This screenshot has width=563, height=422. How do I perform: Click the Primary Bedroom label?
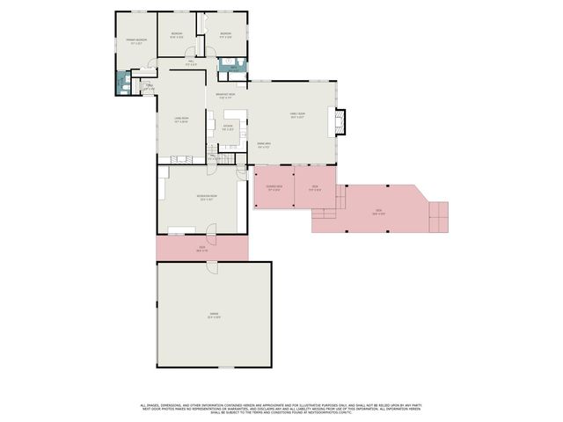(x=135, y=40)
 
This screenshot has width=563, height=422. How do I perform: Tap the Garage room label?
(x=214, y=316)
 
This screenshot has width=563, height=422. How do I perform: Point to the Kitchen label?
(x=227, y=128)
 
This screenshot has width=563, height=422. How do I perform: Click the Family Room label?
(x=297, y=115)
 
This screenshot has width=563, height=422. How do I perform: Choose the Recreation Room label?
(x=207, y=199)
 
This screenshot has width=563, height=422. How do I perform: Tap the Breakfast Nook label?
(x=226, y=97)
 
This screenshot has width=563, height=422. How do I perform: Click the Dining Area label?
(x=263, y=143)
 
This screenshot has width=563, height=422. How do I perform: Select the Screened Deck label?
(x=274, y=188)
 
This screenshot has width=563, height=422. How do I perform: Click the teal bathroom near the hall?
(x=230, y=64)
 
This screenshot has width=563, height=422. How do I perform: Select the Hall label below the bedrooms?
(x=191, y=63)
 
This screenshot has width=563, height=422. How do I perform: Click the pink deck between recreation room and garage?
(x=201, y=249)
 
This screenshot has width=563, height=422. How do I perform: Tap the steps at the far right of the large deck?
(x=438, y=215)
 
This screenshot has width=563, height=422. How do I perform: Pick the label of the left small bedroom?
(x=176, y=36)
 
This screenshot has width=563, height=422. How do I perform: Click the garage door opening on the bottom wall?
(x=227, y=367)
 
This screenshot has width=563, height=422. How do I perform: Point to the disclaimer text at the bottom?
(x=281, y=407)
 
